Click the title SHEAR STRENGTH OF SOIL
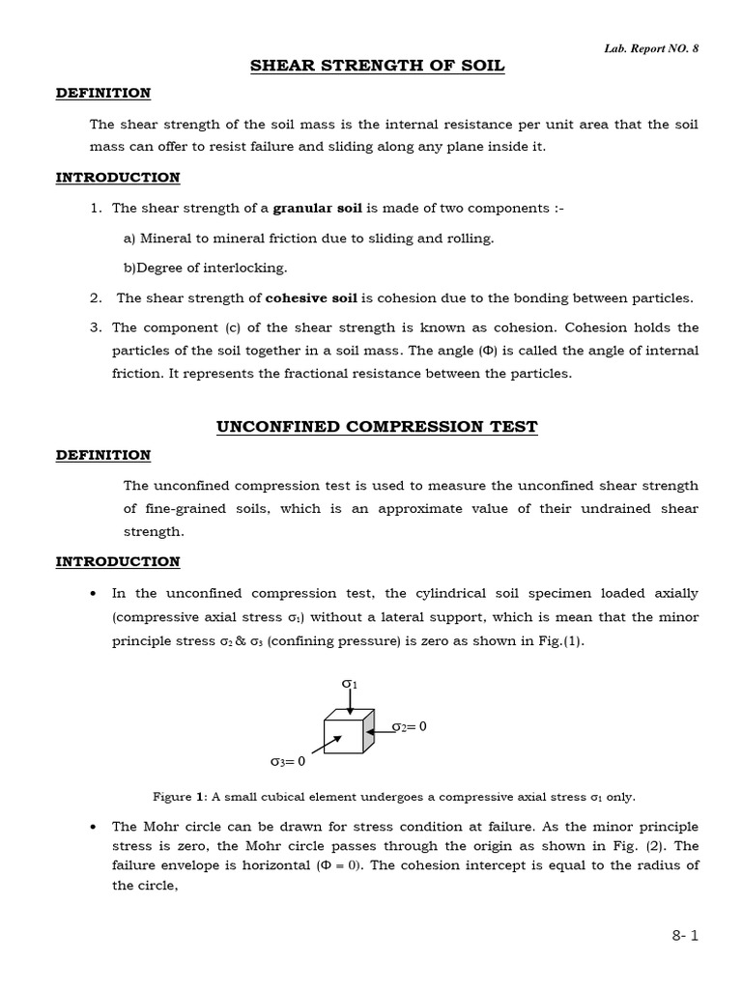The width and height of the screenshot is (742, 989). click(x=378, y=66)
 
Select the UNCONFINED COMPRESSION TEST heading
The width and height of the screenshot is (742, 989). click(x=377, y=426)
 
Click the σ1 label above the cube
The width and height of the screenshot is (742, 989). click(x=350, y=684)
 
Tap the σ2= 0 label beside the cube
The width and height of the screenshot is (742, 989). click(x=409, y=726)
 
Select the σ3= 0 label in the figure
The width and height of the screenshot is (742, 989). click(x=287, y=761)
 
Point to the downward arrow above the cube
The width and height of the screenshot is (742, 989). click(x=350, y=702)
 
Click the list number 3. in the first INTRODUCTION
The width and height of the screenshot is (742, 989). click(x=97, y=327)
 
